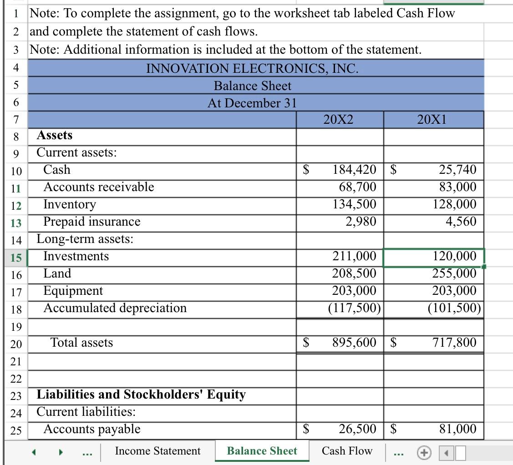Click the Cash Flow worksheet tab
347,451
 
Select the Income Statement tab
157,451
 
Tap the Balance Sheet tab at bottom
262,451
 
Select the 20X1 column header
432,120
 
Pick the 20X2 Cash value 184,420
354,170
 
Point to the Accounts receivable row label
98,187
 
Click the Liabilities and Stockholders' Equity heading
141,394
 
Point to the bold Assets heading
54,135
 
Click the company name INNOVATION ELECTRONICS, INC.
252,68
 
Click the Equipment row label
73,291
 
